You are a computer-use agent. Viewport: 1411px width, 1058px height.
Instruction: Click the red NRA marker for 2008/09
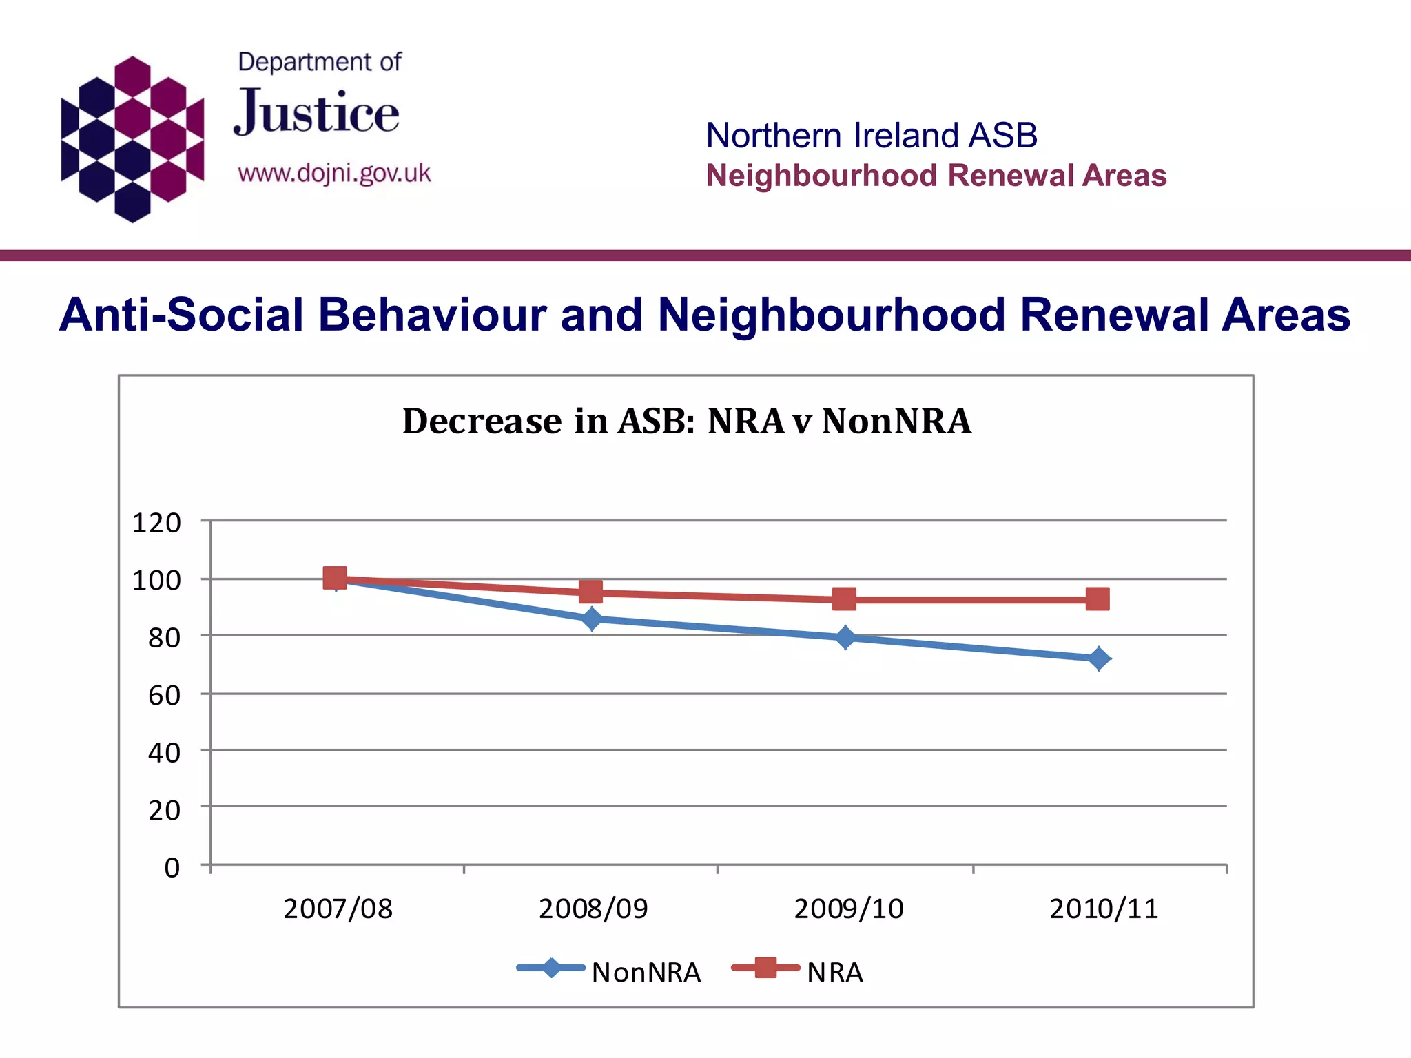590,592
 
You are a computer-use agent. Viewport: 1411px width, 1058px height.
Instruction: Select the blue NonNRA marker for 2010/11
1099,659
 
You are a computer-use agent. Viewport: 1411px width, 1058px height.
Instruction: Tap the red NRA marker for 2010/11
1098,599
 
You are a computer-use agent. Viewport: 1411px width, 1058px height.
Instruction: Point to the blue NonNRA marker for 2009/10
845,638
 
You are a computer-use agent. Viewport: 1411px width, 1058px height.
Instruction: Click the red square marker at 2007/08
335,578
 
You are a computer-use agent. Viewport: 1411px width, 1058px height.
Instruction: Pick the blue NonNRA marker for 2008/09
592,619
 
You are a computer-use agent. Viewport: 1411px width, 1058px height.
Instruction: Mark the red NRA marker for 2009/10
844,599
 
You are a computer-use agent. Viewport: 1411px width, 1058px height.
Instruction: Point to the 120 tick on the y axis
156,523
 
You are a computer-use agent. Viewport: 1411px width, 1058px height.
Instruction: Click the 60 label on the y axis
164,695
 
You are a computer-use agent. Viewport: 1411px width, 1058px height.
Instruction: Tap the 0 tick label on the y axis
172,867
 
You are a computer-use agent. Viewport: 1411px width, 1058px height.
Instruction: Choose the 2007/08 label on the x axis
338,909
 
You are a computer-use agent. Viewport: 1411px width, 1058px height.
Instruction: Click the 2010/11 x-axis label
1104,909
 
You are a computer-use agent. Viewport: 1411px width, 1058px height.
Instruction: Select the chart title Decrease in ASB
686,421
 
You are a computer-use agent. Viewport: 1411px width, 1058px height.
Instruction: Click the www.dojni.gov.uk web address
334,173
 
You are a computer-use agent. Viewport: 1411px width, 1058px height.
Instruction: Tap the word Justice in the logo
316,113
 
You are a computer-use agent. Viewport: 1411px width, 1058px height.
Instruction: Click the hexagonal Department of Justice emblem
132,139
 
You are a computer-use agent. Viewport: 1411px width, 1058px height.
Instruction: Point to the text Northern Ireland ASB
872,135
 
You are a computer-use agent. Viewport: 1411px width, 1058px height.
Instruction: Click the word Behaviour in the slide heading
432,315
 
